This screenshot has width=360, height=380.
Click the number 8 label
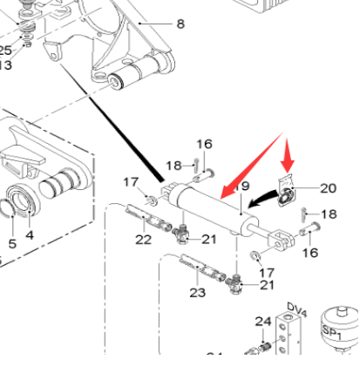pyautogui.click(x=180, y=24)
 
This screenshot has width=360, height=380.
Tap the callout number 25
pyautogui.click(x=6, y=51)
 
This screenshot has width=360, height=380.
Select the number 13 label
pyautogui.click(x=6, y=65)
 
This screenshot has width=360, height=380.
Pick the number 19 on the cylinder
pyautogui.click(x=241, y=187)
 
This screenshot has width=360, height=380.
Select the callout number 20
pyautogui.click(x=328, y=187)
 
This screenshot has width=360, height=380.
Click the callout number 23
pyautogui.click(x=199, y=293)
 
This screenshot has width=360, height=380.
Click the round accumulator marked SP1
pyautogui.click(x=336, y=329)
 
